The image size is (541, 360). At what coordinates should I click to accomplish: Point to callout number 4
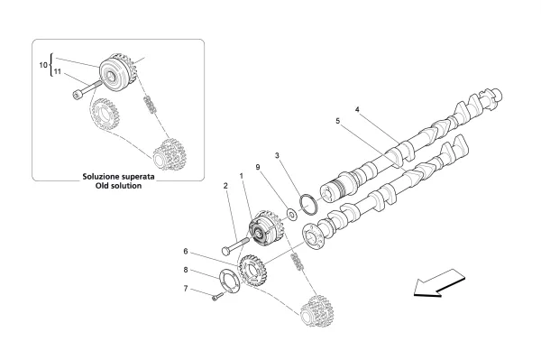click(x=357, y=110)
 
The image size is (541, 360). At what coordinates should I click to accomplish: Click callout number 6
click(x=187, y=251)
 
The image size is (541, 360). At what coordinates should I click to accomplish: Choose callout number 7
click(x=187, y=289)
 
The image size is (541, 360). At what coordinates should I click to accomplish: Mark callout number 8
click(x=187, y=269)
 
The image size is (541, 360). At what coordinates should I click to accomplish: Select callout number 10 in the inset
click(x=42, y=65)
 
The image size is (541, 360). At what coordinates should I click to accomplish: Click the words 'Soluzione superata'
click(x=120, y=178)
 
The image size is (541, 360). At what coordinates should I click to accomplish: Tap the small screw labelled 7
click(x=216, y=295)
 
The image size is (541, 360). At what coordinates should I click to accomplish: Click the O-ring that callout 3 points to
click(x=305, y=204)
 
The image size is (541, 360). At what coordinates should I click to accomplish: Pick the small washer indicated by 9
click(x=292, y=216)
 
